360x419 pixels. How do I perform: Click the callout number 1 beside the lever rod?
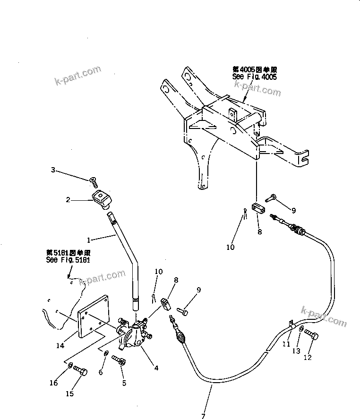point(90,240)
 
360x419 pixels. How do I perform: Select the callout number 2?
point(69,200)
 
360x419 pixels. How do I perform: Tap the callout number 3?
point(53,170)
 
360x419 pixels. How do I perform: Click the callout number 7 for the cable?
point(203,415)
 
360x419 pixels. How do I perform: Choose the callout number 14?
point(60,346)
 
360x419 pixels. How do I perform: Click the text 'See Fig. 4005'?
point(254,77)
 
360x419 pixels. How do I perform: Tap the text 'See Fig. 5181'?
point(68,260)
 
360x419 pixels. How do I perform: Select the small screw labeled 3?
point(92,180)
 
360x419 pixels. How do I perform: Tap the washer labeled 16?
point(70,366)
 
